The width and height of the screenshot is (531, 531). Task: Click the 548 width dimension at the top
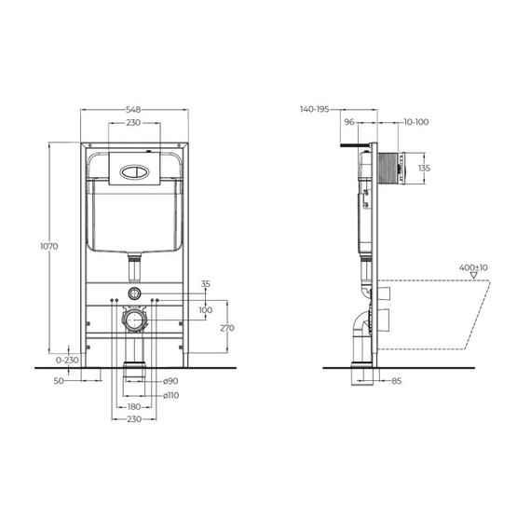pyautogui.click(x=135, y=108)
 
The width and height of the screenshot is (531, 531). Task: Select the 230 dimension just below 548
pyautogui.click(x=135, y=122)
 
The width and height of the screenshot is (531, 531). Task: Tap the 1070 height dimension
pyautogui.click(x=51, y=246)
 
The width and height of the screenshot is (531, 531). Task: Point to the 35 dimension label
pyautogui.click(x=206, y=283)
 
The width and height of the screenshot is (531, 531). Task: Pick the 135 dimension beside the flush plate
pyautogui.click(x=424, y=168)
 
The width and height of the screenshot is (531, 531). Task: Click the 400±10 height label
pyautogui.click(x=472, y=267)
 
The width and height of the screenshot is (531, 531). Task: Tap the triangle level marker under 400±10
pyautogui.click(x=473, y=276)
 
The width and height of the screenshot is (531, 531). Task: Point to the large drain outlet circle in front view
pyautogui.click(x=135, y=319)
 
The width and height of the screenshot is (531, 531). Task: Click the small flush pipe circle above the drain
pyautogui.click(x=135, y=293)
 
